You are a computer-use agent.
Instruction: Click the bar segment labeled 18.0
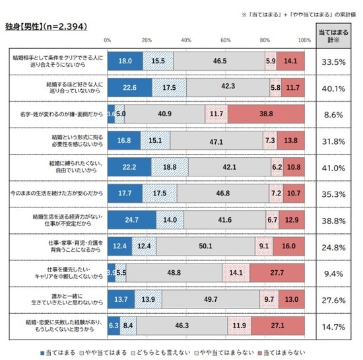[125, 61]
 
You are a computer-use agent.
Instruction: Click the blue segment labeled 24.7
[131, 219]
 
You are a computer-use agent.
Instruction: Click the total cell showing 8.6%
[335, 114]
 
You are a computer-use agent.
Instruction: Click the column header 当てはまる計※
[335, 36]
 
